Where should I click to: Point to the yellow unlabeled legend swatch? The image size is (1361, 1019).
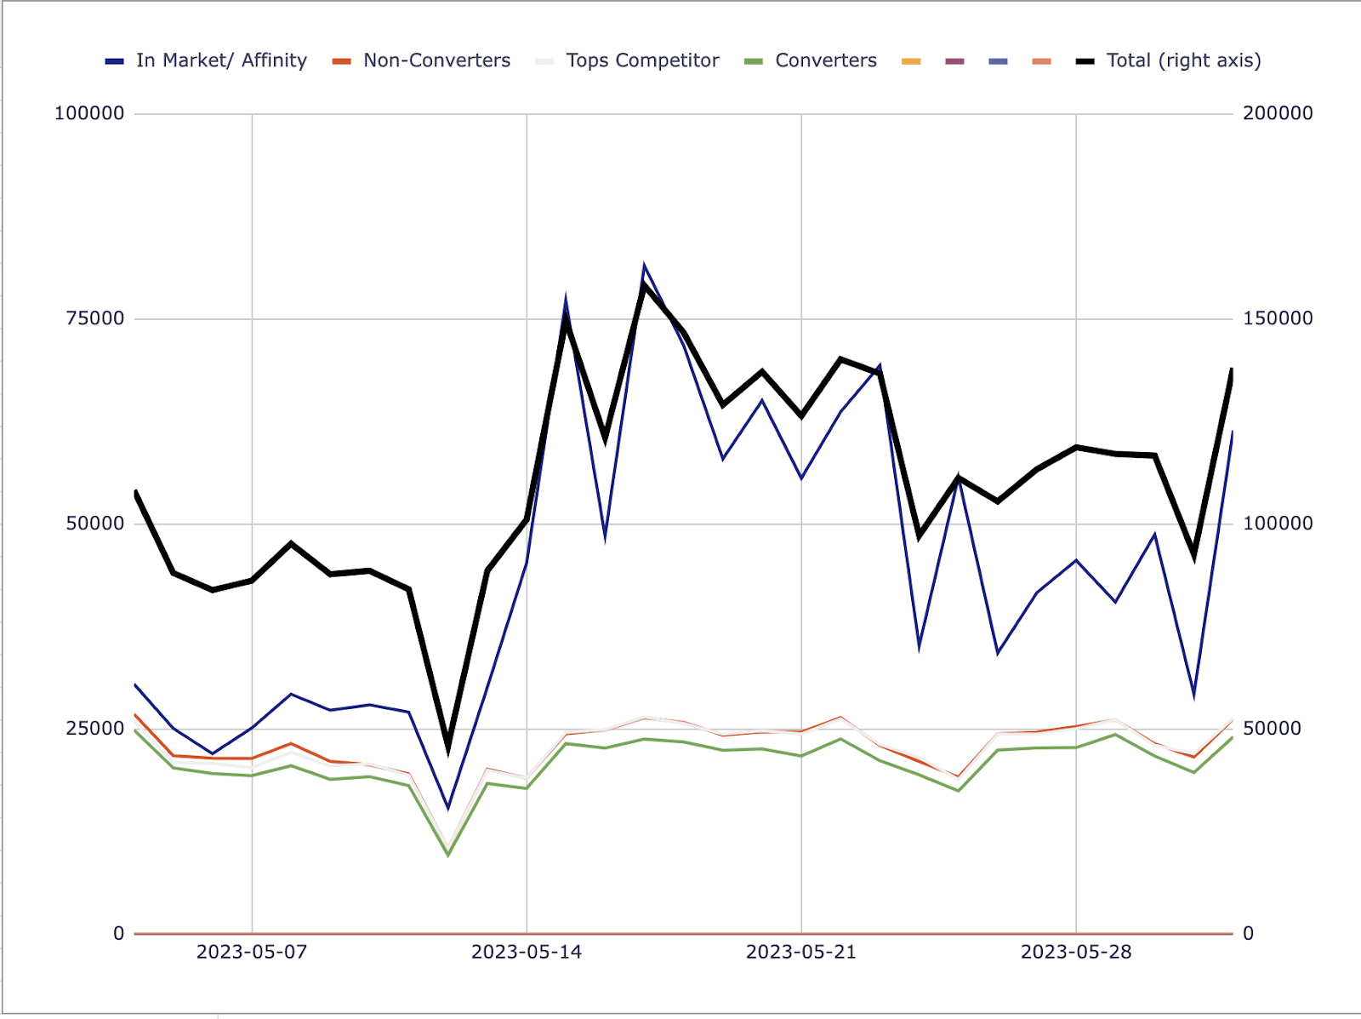point(911,61)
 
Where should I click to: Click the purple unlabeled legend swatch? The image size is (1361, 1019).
point(954,61)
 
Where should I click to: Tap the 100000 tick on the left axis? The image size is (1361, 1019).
point(89,113)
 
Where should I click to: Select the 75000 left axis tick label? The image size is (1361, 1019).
point(95,318)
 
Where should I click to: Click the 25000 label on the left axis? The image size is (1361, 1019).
point(95,729)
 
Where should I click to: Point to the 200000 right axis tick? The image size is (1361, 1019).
point(1278,113)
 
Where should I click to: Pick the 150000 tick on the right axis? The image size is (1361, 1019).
point(1278,318)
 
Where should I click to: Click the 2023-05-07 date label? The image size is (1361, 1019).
point(252,953)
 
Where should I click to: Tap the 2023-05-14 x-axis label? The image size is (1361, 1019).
point(527,953)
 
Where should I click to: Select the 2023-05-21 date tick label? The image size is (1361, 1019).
point(801,953)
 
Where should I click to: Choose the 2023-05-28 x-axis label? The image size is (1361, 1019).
point(1076,953)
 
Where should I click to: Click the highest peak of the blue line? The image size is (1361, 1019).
point(644,266)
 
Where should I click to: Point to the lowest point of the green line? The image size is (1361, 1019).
point(448,855)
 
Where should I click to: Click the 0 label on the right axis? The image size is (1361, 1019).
point(1248,934)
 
